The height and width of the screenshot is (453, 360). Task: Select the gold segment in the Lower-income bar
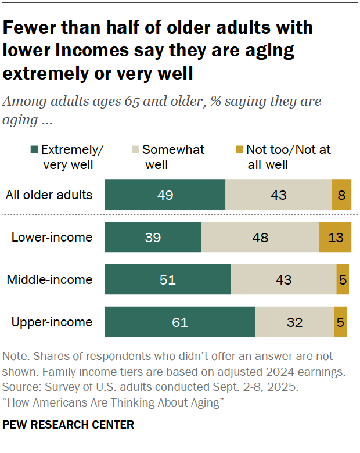tap(335, 237)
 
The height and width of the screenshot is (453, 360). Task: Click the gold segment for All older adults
tap(341, 195)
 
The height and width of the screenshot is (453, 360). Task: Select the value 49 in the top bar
tap(165, 195)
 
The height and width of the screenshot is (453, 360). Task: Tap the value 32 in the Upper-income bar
tap(294, 322)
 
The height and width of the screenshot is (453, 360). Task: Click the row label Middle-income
tap(49, 279)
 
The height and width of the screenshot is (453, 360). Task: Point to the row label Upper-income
tap(52, 322)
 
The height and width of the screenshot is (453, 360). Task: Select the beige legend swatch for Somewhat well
tap(135, 150)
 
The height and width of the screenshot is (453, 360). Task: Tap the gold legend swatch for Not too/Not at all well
tap(238, 150)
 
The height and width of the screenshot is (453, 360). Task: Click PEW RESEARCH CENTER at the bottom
tap(68, 425)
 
